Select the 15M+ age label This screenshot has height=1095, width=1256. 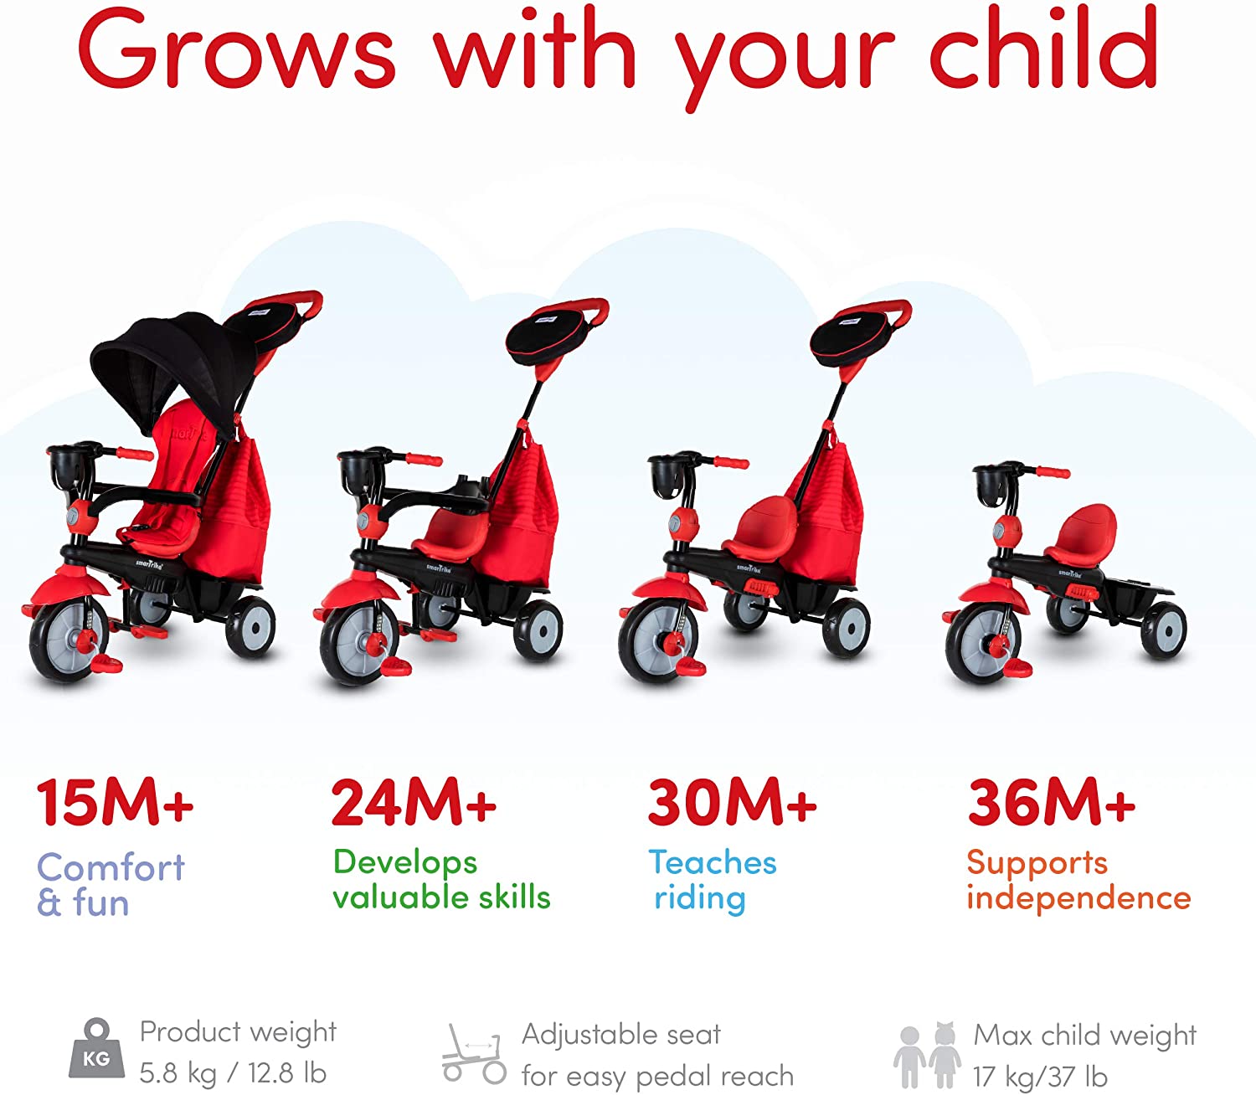click(x=115, y=802)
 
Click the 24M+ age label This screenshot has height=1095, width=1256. click(x=414, y=802)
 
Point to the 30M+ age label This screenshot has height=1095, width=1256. click(x=732, y=802)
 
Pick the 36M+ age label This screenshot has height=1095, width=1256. click(x=1052, y=802)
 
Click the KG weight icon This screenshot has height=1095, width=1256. click(x=96, y=1051)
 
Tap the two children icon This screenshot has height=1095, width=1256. click(x=928, y=1055)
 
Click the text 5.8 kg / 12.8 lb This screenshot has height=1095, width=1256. click(x=233, y=1073)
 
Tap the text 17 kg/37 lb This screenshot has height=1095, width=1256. click(x=1040, y=1076)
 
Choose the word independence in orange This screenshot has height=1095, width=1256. click(x=1078, y=897)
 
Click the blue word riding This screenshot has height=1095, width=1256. click(x=700, y=898)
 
